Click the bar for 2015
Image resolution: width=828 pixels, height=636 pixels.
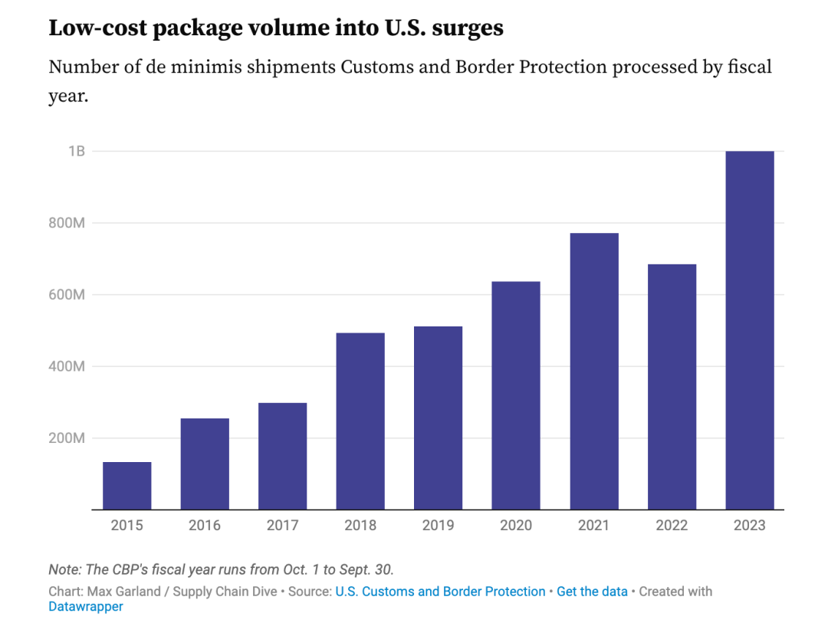tap(127, 486)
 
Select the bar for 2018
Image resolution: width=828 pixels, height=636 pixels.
tap(360, 421)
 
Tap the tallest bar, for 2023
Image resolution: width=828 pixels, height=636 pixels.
tap(749, 330)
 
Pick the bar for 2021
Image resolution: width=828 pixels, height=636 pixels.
tap(593, 371)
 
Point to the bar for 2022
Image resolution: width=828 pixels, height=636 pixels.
tap(672, 387)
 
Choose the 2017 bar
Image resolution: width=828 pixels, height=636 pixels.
tap(282, 456)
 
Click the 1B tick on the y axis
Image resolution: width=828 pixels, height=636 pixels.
tap(76, 151)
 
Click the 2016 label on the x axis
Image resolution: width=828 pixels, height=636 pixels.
tap(204, 526)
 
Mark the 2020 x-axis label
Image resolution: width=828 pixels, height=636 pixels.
tap(515, 526)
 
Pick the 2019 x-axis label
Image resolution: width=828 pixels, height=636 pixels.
tap(438, 526)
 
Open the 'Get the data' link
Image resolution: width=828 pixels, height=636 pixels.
tap(592, 592)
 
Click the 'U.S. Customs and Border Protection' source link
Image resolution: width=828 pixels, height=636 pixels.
tap(440, 592)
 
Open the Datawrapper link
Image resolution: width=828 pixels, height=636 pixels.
tap(86, 607)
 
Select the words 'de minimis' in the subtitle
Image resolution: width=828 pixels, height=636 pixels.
tap(208, 67)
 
